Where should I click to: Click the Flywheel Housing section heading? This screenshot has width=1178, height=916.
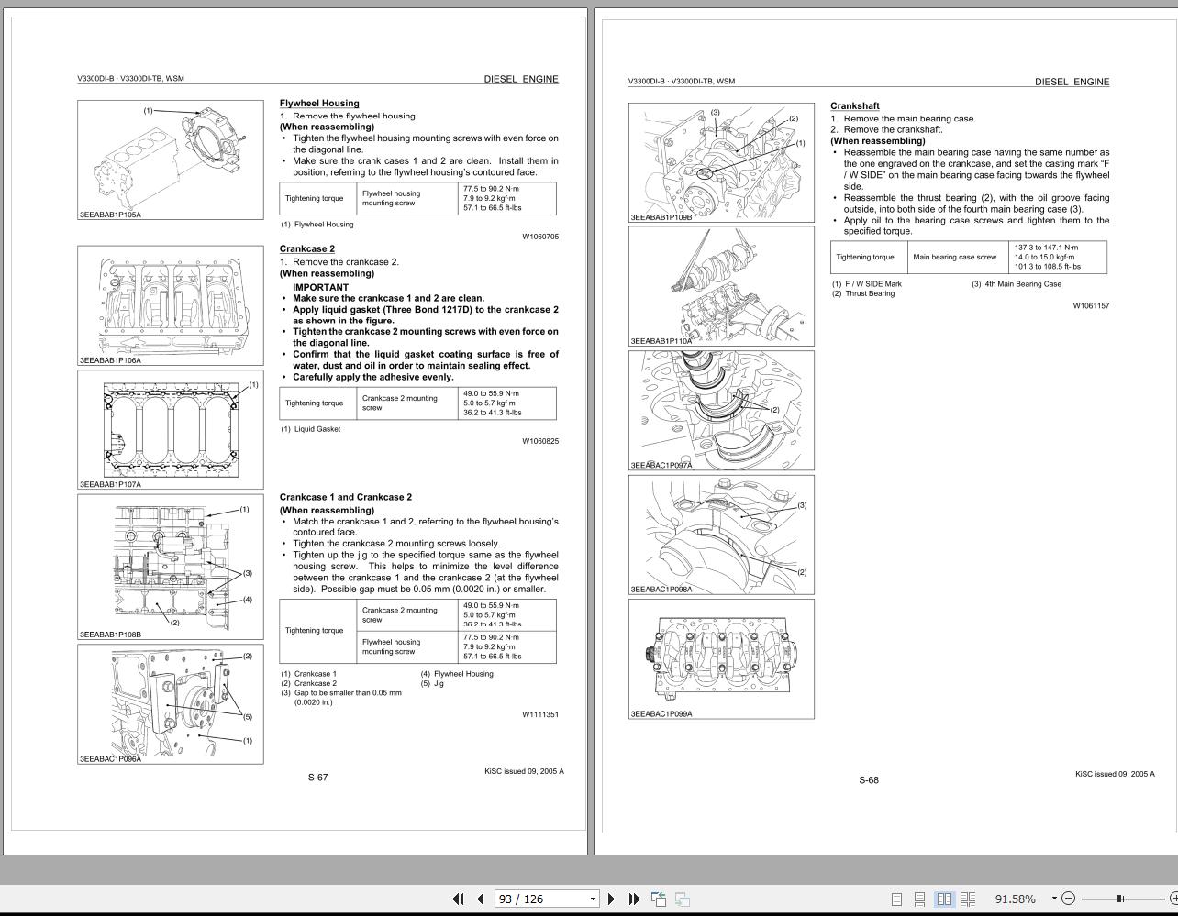319,104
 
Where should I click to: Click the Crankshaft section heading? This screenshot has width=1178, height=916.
854,106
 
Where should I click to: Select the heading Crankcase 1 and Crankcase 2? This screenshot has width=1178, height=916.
345,497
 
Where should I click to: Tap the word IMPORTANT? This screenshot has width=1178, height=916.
320,287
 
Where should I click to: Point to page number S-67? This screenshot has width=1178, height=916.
317,778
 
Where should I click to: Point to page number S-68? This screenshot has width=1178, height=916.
868,780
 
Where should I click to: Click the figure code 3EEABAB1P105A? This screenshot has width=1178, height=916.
110,215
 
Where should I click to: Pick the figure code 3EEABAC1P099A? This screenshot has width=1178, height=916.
661,713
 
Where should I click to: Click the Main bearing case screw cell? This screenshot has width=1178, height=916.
954,258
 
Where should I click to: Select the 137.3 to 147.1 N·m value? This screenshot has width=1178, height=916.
1046,248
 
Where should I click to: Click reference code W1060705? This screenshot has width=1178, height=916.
540,237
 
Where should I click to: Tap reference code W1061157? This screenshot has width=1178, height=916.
1091,305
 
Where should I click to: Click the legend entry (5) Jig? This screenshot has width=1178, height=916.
432,683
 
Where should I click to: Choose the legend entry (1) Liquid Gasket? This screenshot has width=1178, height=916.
311,429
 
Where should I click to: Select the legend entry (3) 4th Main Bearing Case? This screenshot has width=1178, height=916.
1016,284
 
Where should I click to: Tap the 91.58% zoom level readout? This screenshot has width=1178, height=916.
1015,899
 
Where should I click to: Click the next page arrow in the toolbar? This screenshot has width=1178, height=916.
611,899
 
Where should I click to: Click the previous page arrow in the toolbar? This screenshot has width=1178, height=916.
480,899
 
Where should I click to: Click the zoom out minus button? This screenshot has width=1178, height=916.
1068,899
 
